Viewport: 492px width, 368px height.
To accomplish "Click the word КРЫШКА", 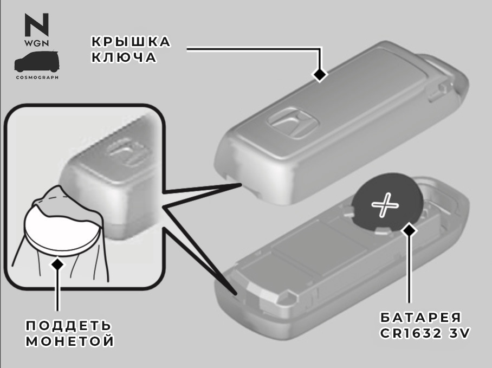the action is tap(131, 41).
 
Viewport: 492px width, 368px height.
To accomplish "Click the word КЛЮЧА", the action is tap(124, 57).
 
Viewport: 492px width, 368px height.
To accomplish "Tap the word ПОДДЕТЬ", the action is tap(68, 326).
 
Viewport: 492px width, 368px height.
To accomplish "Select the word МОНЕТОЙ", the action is tap(70, 341).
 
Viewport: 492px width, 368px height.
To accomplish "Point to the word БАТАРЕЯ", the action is tap(421, 318).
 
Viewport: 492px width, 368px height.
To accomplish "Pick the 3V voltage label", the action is tap(459, 333).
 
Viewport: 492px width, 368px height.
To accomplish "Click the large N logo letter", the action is tap(37, 24).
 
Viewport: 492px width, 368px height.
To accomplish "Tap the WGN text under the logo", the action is tap(37, 43).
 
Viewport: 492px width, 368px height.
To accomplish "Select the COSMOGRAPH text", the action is tap(37, 77).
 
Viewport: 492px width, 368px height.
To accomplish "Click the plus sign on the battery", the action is tap(385, 205).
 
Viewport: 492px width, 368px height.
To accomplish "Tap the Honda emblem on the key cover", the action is tap(293, 123).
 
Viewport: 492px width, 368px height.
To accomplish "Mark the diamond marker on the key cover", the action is tap(320, 74).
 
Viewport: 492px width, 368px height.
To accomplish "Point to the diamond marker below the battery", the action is tap(409, 230).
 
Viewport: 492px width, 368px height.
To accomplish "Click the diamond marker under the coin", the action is tap(57, 264).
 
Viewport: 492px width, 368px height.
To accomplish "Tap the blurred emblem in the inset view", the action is tap(128, 152).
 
